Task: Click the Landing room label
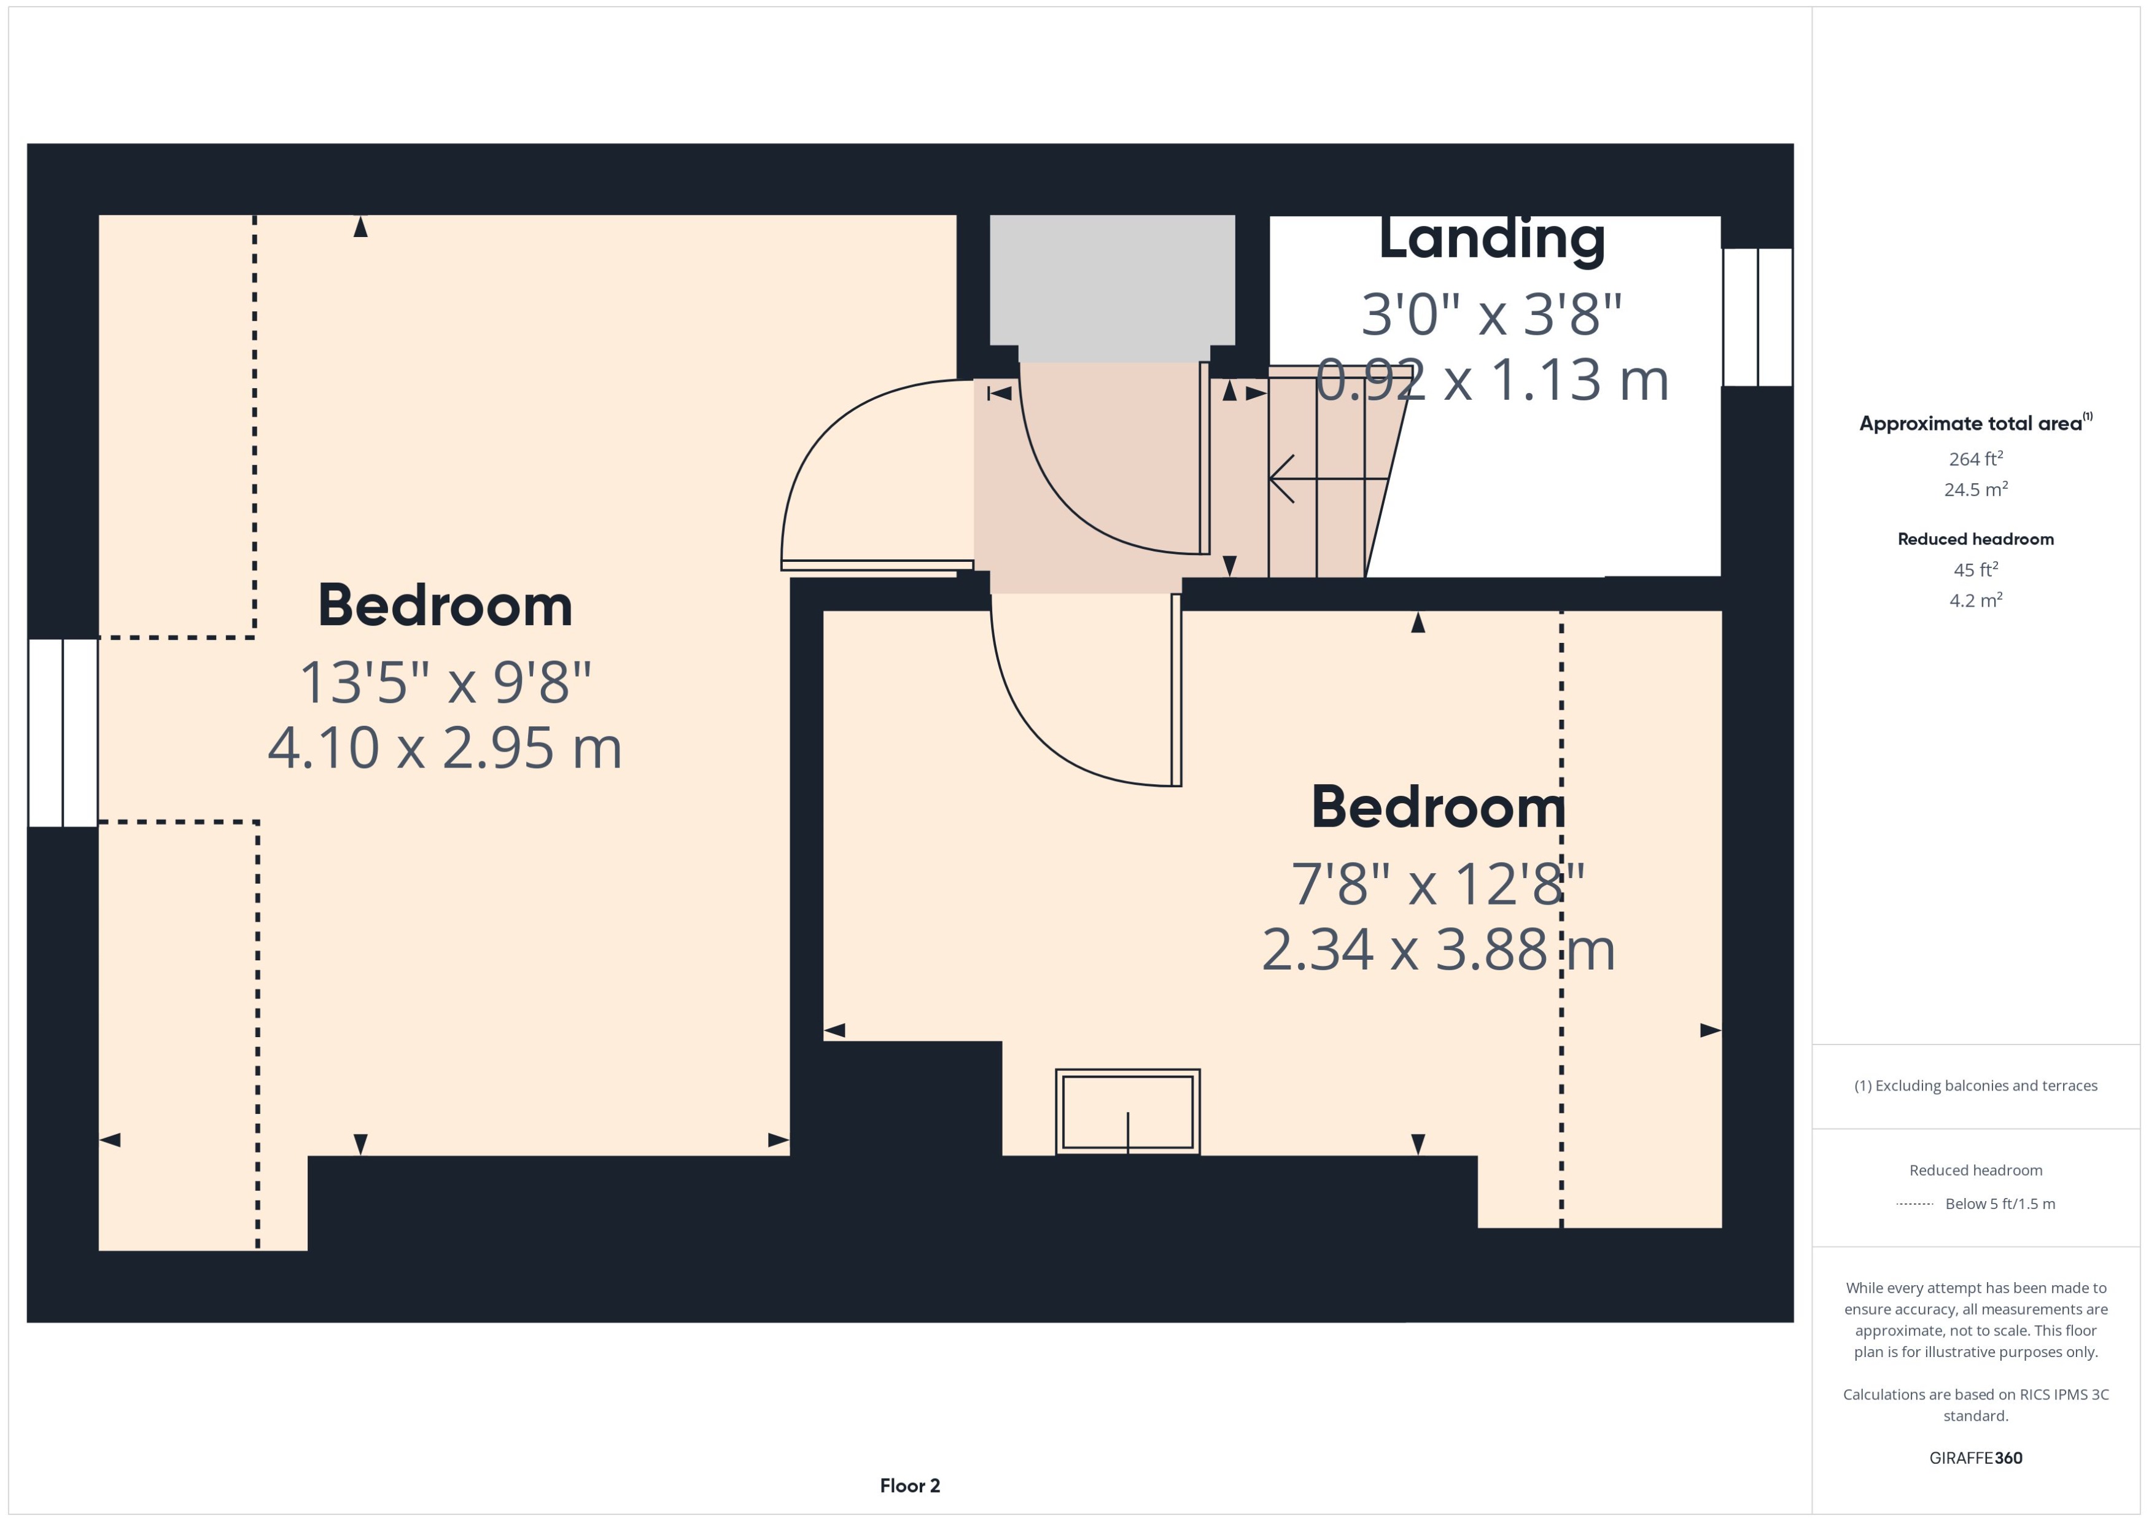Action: (x=1491, y=239)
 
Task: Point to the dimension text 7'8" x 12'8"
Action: (x=1438, y=883)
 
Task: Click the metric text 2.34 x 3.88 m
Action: (x=1438, y=950)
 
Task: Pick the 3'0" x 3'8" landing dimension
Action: (x=1491, y=314)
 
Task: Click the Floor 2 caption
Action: (x=909, y=1485)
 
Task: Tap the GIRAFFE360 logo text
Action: (x=1976, y=1458)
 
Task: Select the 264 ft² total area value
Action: (x=1976, y=458)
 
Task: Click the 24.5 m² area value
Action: (x=1976, y=489)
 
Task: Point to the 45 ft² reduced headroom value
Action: (x=1976, y=569)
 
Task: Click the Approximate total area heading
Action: (x=1976, y=422)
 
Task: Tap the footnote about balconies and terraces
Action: (x=1976, y=1086)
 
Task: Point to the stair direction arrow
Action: (x=1328, y=478)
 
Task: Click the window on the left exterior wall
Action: (x=63, y=733)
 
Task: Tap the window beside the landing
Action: (x=1758, y=317)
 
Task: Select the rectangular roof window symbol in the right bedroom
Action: (x=1127, y=1111)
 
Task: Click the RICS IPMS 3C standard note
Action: (x=1976, y=1405)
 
